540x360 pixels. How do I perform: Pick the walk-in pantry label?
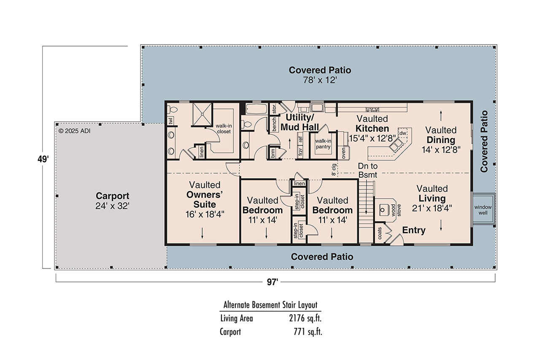(322, 144)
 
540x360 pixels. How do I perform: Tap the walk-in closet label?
(223, 128)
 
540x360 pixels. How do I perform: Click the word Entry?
(413, 230)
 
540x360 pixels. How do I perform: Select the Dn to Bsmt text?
(368, 170)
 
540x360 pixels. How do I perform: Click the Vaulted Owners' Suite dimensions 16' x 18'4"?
(205, 214)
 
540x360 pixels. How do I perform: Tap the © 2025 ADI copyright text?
(75, 131)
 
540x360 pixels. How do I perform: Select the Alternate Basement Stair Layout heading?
(270, 305)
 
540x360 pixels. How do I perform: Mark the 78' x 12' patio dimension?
(319, 80)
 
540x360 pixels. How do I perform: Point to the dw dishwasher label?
(403, 133)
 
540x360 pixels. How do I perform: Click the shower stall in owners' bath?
(201, 114)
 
